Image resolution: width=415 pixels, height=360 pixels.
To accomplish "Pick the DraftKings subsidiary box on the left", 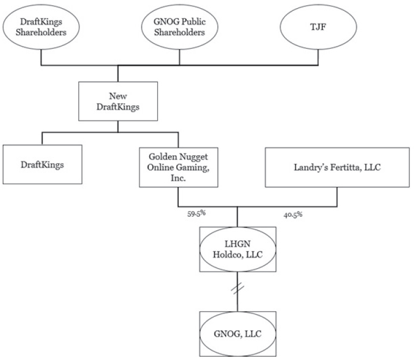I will tap(42, 165).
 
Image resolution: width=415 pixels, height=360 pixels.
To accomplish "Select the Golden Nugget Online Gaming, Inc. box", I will tap(179, 166).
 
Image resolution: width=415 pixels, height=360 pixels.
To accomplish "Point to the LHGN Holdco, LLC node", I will tap(237, 250).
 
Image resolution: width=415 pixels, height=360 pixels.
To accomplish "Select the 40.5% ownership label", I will tap(292, 214).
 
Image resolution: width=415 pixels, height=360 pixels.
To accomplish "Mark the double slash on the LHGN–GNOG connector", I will tap(237, 289).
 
